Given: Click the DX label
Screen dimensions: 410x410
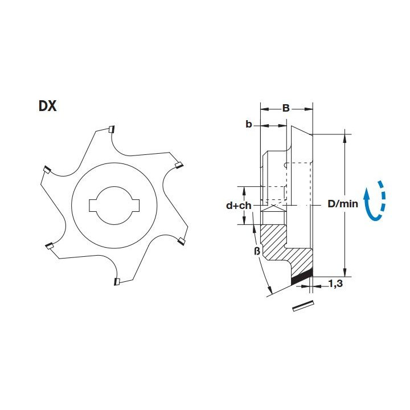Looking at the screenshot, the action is pyautogui.click(x=48, y=106).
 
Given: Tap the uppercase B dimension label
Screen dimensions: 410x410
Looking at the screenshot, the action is pyautogui.click(x=286, y=108).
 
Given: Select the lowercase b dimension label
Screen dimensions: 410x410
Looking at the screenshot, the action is pyautogui.click(x=249, y=124).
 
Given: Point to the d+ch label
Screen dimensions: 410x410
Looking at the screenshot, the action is pyautogui.click(x=239, y=206).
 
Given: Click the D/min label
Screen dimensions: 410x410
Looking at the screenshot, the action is pyautogui.click(x=343, y=204).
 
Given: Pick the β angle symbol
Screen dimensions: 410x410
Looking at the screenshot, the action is pyautogui.click(x=257, y=251).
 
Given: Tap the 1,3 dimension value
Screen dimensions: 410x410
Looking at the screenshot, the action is pyautogui.click(x=335, y=284).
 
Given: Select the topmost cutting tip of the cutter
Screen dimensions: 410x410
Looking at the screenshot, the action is pyautogui.click(x=112, y=129).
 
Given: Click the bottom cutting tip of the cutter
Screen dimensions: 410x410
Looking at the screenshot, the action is pyautogui.click(x=117, y=282).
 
